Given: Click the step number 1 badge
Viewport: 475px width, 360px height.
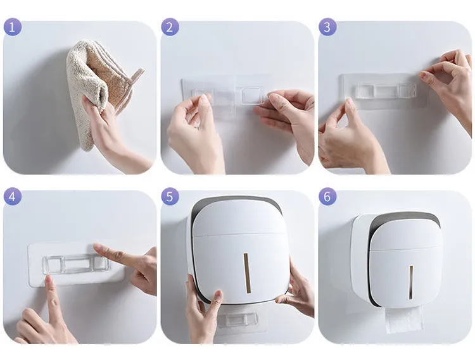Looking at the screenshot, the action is (x=13, y=27).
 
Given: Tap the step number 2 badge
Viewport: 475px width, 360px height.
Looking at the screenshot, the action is (x=170, y=27).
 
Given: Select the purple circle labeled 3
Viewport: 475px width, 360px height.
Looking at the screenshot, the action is (x=327, y=27).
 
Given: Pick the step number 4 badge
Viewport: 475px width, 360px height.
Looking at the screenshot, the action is (x=13, y=197).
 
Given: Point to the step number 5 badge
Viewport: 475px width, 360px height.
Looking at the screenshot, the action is (x=170, y=197).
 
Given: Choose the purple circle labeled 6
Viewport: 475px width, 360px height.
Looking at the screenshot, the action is (x=327, y=197).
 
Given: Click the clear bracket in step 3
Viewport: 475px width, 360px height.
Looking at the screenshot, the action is (x=383, y=90).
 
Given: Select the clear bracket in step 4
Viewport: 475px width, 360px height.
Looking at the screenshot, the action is (x=76, y=264).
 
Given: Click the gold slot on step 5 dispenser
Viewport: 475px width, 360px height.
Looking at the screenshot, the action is (x=247, y=273).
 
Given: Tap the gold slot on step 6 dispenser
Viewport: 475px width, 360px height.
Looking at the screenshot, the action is (x=411, y=283).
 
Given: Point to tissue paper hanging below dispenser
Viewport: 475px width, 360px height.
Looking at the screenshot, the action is (x=404, y=318).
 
